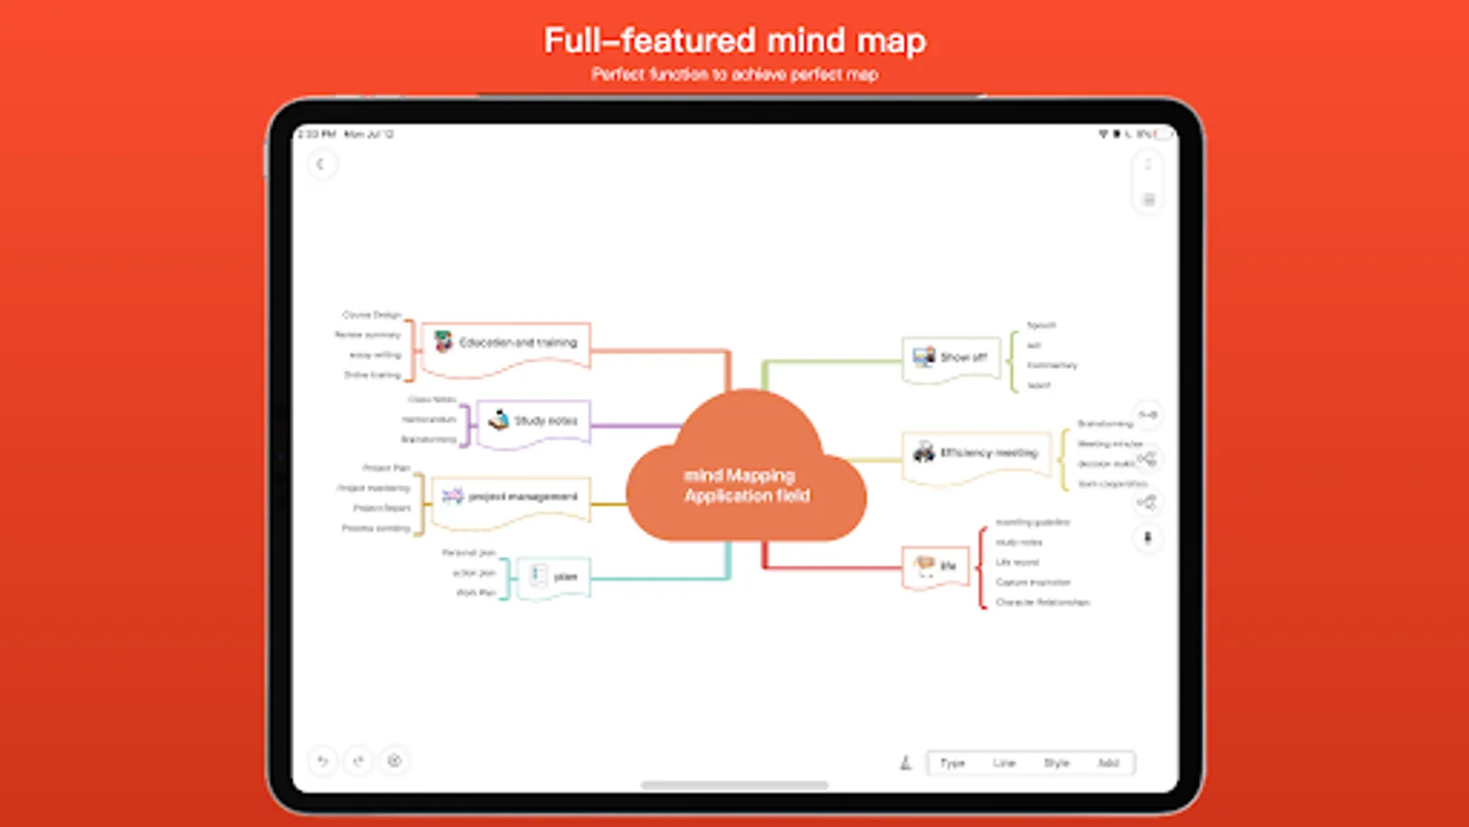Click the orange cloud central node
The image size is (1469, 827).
(x=746, y=478)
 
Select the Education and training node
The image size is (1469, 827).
(x=507, y=345)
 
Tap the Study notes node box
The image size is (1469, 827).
(x=534, y=422)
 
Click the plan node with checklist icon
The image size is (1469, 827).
(x=553, y=577)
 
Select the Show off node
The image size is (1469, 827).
(x=951, y=357)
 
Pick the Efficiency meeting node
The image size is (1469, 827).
(x=977, y=453)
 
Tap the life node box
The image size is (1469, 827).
(x=936, y=566)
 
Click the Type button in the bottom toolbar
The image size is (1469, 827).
(x=952, y=763)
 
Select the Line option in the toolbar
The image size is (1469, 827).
(x=1004, y=763)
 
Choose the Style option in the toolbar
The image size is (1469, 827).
(x=1057, y=763)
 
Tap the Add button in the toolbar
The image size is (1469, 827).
(x=1108, y=763)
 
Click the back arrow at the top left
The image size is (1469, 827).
(x=320, y=164)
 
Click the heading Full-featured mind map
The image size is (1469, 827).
(x=734, y=40)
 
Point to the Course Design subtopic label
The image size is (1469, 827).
(x=371, y=315)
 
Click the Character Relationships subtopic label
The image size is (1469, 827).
(x=1043, y=603)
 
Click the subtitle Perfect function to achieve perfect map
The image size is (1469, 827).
(x=734, y=74)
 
